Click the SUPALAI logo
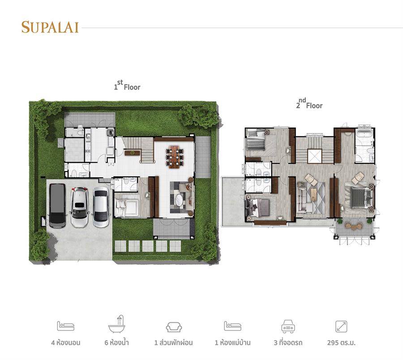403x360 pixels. [x=50, y=27]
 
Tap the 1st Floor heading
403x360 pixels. [x=127, y=85]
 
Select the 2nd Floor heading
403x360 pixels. [x=309, y=103]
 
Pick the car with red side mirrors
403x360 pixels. [x=80, y=207]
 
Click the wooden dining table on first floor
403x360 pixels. [x=174, y=157]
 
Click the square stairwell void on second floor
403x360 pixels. [x=315, y=156]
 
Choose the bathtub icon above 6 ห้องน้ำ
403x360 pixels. [x=117, y=324]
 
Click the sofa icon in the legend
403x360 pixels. [x=174, y=327]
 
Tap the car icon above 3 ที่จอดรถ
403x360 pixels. [x=288, y=326]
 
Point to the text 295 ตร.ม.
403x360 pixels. [x=341, y=343]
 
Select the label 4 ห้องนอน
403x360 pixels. [x=66, y=343]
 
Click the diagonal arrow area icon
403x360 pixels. [x=341, y=326]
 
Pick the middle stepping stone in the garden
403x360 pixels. [x=148, y=246]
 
